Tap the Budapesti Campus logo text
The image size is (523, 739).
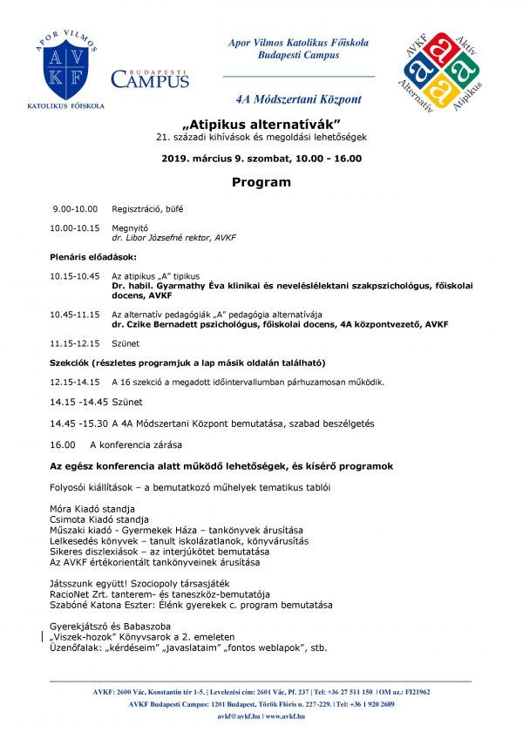point(150,78)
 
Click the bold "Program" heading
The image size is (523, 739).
point(261,182)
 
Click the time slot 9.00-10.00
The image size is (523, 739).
point(75,209)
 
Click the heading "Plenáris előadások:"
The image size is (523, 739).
point(93,257)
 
